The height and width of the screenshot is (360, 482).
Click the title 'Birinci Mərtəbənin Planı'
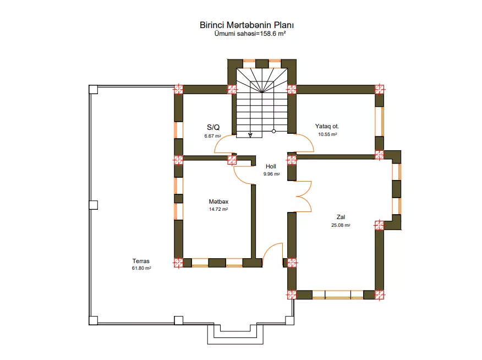click(247, 25)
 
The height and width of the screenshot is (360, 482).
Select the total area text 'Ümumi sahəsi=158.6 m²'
click(250, 34)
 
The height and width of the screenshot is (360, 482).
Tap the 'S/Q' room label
click(213, 127)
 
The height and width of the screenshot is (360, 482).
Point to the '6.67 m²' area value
click(213, 136)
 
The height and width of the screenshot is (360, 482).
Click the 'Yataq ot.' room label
click(327, 126)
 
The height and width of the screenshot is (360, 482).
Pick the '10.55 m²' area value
click(327, 134)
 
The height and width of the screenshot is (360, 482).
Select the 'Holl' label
click(271, 166)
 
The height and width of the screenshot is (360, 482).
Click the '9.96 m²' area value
click(271, 174)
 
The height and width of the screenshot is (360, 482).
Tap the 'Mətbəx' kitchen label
click(218, 201)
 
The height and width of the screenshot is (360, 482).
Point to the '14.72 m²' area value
click(218, 209)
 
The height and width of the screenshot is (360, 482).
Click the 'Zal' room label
click(341, 217)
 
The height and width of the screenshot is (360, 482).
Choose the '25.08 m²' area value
click(341, 225)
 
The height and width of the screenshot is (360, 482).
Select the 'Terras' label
click(141, 261)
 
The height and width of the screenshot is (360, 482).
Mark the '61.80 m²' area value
click(141, 268)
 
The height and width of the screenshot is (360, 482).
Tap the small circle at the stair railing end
click(273, 131)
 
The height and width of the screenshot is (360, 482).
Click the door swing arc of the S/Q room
click(218, 141)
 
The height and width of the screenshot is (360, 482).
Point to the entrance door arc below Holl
click(268, 248)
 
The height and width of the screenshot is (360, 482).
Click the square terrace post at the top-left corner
click(93, 90)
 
